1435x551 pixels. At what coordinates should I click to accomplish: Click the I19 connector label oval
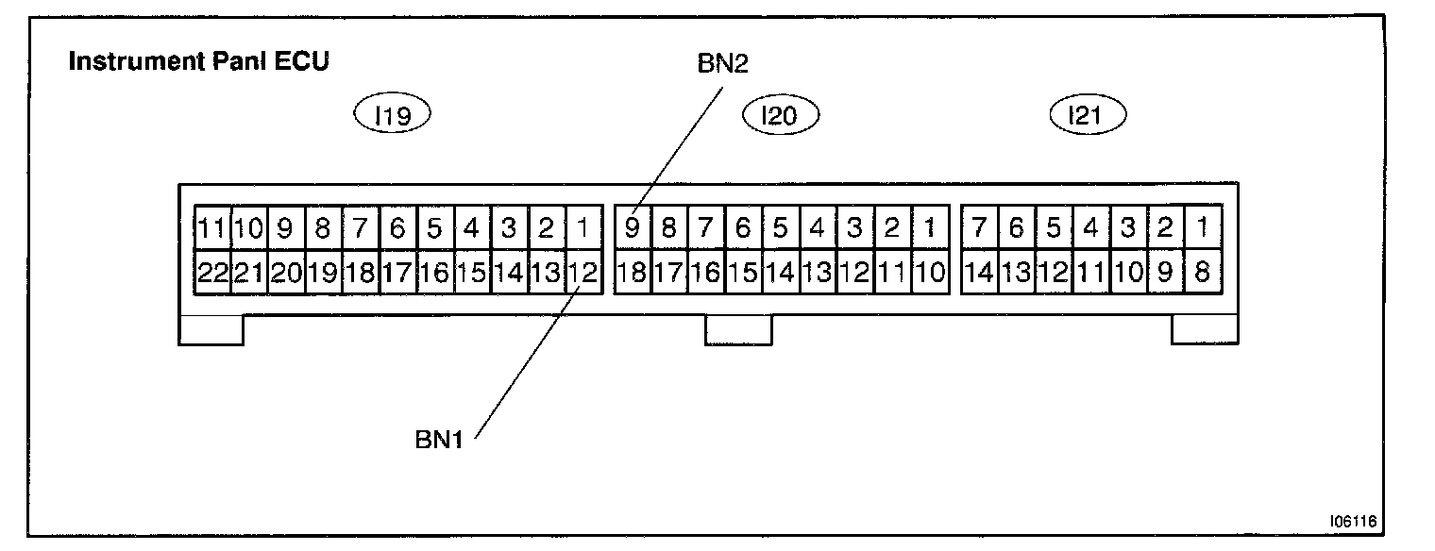[x=391, y=115]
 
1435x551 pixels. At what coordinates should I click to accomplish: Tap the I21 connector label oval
[x=1089, y=115]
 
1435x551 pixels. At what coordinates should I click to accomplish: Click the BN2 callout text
[x=723, y=62]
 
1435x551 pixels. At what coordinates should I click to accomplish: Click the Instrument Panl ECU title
[x=199, y=62]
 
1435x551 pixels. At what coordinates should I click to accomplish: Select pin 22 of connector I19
[x=212, y=274]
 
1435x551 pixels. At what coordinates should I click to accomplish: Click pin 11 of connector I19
[x=212, y=227]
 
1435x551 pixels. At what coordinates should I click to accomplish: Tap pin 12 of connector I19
[x=584, y=274]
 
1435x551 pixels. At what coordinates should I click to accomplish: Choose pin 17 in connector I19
[x=398, y=274]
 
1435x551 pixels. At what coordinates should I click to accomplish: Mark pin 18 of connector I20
[x=632, y=274]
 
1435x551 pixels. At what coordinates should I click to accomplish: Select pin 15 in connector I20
[x=743, y=274]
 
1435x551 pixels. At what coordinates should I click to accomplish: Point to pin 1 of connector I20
[x=930, y=227]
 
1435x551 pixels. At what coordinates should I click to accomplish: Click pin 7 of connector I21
[x=979, y=227]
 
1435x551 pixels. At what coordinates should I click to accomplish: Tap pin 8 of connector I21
[x=1202, y=274]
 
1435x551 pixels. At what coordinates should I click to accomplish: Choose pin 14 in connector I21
[x=979, y=274]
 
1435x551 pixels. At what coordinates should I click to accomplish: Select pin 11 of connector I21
[x=1090, y=274]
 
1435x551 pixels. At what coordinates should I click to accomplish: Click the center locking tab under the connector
[x=738, y=329]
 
